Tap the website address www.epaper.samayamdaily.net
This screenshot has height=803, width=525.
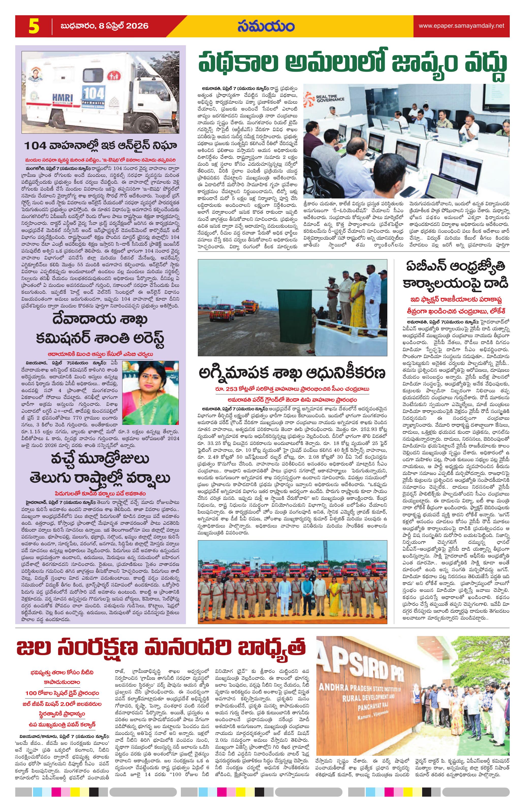click(x=462, y=26)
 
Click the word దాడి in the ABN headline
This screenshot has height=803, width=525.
click(x=495, y=282)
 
